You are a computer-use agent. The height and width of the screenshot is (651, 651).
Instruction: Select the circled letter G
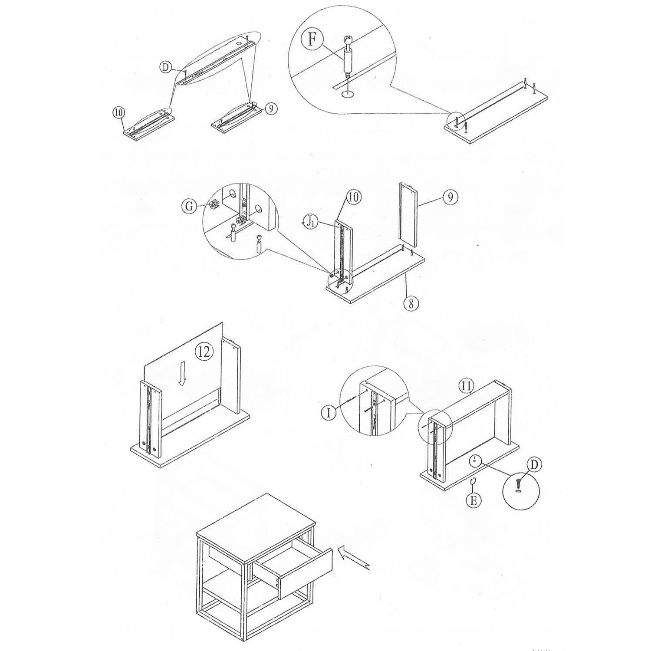[189, 206]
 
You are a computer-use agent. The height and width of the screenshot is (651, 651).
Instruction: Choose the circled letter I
[329, 412]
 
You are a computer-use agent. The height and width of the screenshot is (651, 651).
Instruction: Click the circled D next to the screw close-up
[534, 465]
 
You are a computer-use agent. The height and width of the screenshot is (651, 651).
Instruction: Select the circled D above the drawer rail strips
[165, 67]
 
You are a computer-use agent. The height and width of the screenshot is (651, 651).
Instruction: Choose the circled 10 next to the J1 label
[354, 197]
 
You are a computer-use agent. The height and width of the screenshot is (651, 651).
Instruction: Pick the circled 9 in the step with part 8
[450, 197]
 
